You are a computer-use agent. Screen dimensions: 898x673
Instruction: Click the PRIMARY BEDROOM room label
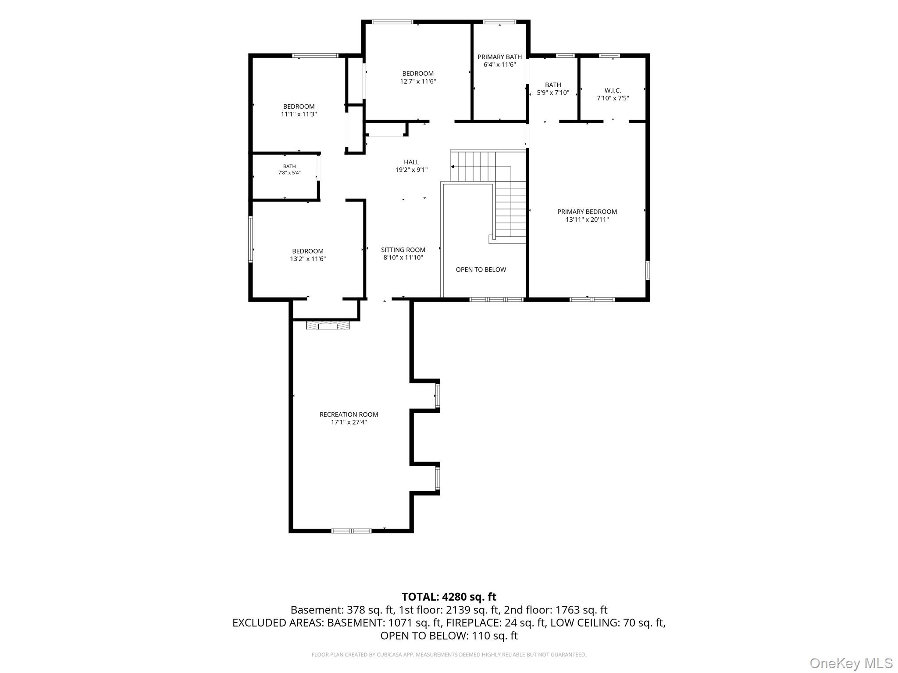click(587, 212)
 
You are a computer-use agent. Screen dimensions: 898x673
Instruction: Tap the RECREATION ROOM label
click(349, 414)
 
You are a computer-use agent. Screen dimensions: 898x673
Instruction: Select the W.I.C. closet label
click(613, 91)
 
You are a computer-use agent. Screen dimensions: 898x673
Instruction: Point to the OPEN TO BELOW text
click(481, 269)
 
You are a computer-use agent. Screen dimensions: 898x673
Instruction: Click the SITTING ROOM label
click(403, 250)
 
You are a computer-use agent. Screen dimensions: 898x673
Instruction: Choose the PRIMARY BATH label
click(500, 57)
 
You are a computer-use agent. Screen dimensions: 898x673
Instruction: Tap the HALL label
click(411, 162)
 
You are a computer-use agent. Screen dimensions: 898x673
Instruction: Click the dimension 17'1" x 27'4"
click(349, 422)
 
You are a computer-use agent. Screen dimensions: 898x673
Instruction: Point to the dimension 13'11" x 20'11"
click(587, 220)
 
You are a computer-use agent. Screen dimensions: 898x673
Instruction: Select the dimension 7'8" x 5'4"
click(289, 173)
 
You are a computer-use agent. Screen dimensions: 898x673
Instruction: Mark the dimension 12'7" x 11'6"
click(418, 81)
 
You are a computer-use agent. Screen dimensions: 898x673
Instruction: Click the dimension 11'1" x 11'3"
click(299, 114)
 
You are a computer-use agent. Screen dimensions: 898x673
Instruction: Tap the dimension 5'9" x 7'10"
click(553, 93)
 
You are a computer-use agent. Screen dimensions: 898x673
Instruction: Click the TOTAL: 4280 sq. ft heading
click(449, 597)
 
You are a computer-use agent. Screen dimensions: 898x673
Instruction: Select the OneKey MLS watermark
click(851, 663)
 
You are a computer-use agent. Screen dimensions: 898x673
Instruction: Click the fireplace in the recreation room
click(328, 325)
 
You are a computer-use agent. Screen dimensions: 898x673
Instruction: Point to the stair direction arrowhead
click(453, 167)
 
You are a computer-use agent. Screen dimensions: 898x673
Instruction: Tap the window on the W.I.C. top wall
click(609, 56)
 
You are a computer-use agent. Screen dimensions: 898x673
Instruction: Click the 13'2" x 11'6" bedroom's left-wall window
click(251, 239)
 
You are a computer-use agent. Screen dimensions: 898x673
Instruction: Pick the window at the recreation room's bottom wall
click(351, 531)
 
